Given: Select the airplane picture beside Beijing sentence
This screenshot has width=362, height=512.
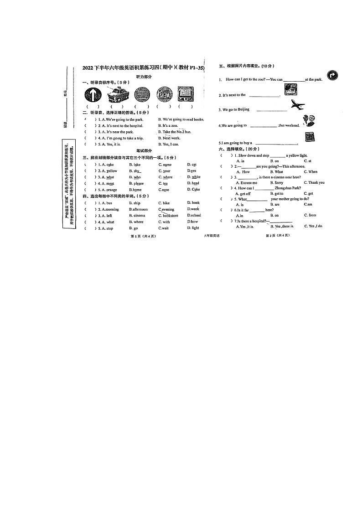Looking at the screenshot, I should point(297,106).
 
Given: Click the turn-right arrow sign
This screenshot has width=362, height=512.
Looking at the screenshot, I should point(332,75).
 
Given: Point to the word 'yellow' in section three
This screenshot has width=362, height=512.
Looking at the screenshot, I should point(111,171).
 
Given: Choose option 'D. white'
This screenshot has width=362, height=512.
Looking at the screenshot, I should point(194,177).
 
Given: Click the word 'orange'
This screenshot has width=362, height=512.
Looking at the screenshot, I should point(111,190).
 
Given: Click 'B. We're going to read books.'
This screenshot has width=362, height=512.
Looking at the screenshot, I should point(181,119).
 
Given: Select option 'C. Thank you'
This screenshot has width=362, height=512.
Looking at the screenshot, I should point(314,182).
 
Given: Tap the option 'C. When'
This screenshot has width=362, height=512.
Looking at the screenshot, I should point(310,172).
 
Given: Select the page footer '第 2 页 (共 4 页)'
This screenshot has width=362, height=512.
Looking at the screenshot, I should point(278,235).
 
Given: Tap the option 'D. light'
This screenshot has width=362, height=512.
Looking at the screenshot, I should point(193,228).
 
